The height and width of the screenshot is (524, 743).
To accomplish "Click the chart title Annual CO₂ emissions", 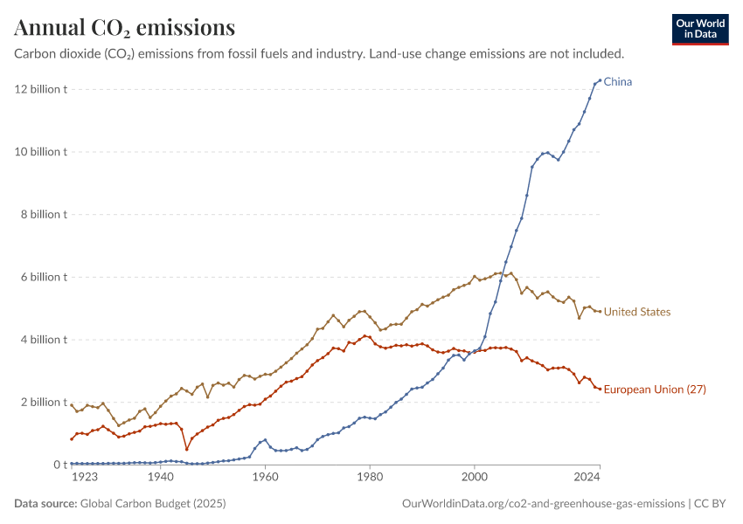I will point(124,28).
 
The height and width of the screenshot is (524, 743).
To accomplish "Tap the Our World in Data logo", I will point(700,29).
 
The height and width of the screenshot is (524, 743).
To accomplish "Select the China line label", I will point(618,82).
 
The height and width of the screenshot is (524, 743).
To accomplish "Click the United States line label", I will point(637,312).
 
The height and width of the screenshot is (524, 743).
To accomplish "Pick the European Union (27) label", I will point(655,390).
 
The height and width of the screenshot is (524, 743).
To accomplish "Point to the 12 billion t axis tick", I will point(40,89).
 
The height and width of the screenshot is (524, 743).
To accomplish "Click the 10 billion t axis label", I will point(40,152).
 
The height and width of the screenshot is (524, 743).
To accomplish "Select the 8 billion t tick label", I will point(43,215).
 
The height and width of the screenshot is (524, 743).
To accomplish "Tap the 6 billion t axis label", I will point(43,277).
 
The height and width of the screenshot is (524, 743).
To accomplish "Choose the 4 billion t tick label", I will point(43,340).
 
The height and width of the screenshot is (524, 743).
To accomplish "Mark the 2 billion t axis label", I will point(43,403).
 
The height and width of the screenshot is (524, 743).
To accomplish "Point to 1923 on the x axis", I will point(84,478).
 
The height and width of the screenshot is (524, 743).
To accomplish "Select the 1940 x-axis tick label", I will point(160,478).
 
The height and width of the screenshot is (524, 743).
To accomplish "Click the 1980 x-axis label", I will point(370,478).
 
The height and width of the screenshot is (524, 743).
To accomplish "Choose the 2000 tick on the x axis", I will point(475,478).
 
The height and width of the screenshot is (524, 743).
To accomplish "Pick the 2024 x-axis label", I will point(587,478).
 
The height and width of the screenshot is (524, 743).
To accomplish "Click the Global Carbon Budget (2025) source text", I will point(153,504).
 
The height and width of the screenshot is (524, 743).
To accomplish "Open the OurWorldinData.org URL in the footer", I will point(543,504).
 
